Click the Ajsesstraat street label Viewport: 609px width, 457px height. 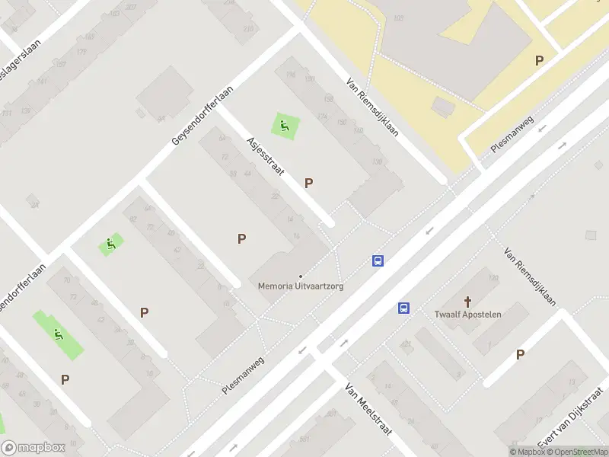point(265,156)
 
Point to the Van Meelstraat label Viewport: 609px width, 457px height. point(368,408)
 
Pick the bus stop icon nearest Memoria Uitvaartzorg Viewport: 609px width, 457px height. point(378,260)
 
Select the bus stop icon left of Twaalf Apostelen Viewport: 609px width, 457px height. point(404,308)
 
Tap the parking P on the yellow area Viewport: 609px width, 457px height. point(539,61)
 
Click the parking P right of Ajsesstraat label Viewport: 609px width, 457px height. point(308,183)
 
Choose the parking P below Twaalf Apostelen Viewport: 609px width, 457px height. point(520,354)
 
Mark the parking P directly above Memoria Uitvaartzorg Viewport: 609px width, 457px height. point(241,238)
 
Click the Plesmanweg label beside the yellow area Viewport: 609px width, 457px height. point(512,135)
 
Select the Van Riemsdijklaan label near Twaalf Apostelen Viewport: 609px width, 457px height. point(530,276)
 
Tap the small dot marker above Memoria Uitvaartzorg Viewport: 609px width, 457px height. point(300,276)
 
